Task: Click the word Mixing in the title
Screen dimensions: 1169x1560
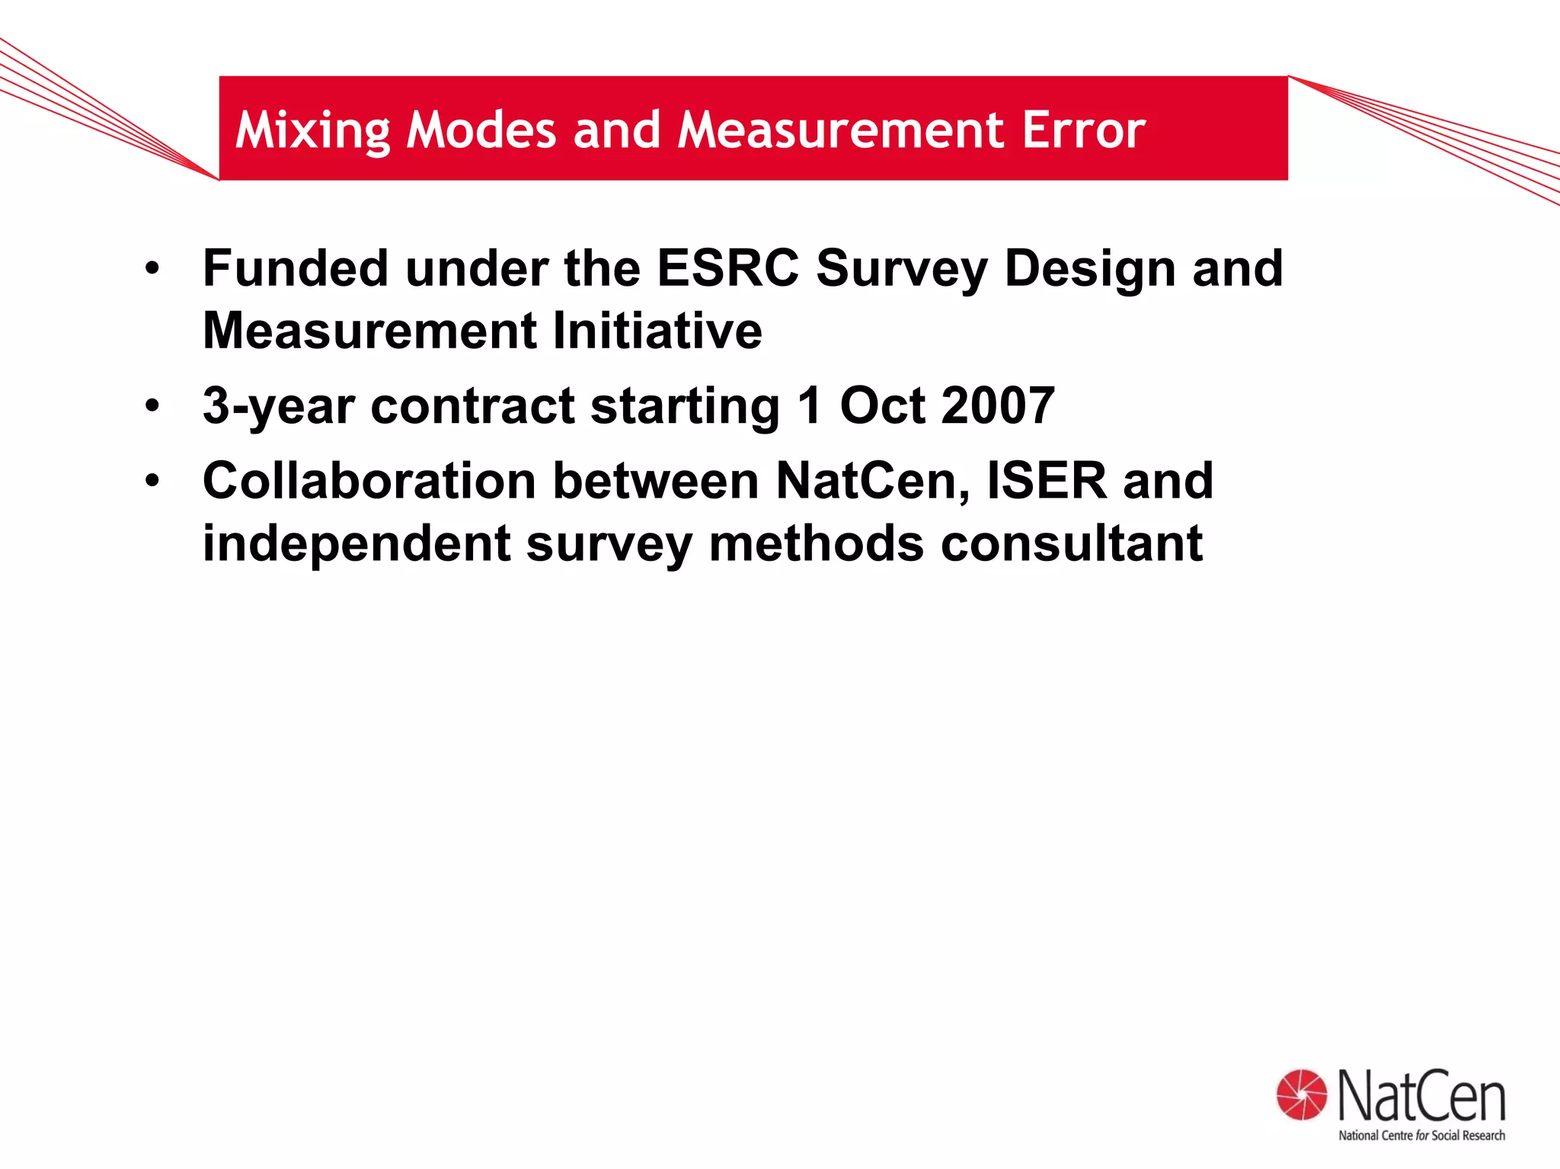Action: tap(312, 131)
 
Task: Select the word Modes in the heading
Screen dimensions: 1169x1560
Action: tap(481, 130)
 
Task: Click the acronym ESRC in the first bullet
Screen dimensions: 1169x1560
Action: tap(727, 268)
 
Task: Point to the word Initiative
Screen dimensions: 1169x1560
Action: tap(657, 331)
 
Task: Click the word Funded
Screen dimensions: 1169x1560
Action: tap(295, 268)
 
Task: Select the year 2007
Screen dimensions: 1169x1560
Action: tap(997, 405)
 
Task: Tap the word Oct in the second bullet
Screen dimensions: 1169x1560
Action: tap(881, 405)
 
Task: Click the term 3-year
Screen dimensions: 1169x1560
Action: tap(279, 407)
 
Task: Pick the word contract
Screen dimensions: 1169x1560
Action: tap(472, 406)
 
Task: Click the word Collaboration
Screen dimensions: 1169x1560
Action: tap(369, 481)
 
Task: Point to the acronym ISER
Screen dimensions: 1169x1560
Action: tap(1047, 481)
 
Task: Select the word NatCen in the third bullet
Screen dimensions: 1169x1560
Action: tap(873, 481)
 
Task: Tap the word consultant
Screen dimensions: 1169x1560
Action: tap(1072, 543)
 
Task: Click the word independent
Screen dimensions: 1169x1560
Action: tap(356, 545)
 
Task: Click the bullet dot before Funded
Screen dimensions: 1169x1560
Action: tap(153, 269)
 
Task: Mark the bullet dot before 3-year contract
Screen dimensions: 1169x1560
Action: tap(153, 406)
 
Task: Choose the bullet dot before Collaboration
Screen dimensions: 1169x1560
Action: tap(153, 481)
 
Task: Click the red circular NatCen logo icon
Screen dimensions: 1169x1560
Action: tap(1302, 1095)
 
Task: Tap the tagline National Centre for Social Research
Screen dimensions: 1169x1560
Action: tap(1421, 1135)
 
